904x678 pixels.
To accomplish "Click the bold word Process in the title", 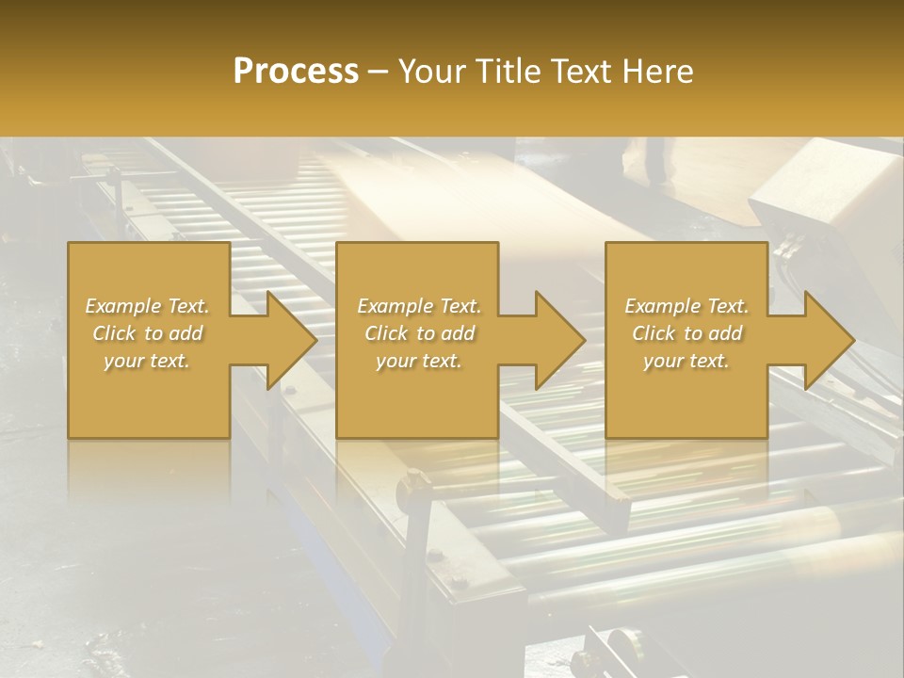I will tap(296, 72).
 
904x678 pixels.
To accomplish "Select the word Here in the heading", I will tap(658, 72).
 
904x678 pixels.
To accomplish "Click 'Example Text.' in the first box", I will tap(147, 306).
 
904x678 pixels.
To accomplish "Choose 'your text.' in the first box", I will tap(147, 361).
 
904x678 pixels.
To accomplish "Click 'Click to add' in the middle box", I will tap(419, 333).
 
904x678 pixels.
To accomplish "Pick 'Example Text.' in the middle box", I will tap(419, 306).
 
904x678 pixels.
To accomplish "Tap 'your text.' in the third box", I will tap(686, 361).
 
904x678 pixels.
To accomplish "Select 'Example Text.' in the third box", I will tap(686, 306).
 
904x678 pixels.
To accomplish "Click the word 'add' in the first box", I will tap(186, 333).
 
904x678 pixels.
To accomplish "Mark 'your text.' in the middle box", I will tap(419, 361).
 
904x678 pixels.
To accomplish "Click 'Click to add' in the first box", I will tap(147, 333).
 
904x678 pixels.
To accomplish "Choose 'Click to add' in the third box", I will tap(686, 333).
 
